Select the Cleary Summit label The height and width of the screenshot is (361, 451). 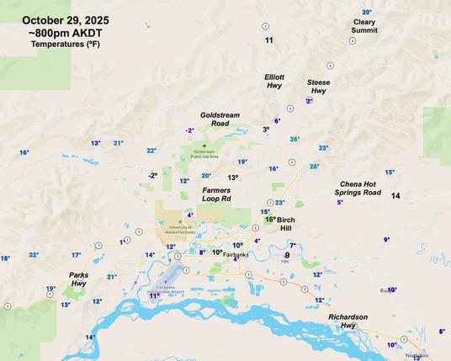[x=364, y=26]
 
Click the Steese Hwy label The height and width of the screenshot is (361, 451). [x=318, y=86]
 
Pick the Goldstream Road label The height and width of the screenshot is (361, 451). [x=215, y=119]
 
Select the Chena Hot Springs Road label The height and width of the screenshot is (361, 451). [x=360, y=188]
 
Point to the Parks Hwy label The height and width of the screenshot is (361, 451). [x=78, y=279]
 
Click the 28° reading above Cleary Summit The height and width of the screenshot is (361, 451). [x=367, y=13]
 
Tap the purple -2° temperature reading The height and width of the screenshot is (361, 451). [x=189, y=130]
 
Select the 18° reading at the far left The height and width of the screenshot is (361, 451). [x=5, y=258]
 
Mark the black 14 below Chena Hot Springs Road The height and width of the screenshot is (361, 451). [x=395, y=196]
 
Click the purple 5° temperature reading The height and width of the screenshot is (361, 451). [x=340, y=202]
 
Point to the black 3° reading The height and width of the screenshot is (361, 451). [x=266, y=130]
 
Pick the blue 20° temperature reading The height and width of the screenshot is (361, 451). [x=206, y=176]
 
